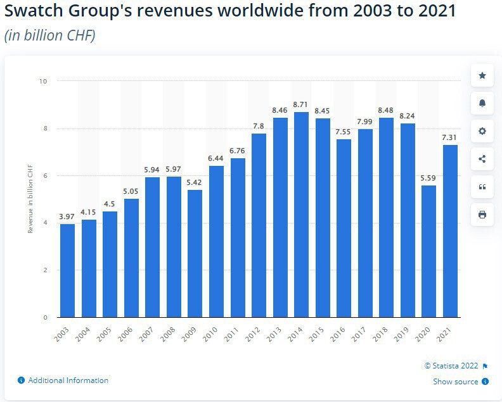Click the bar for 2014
(301, 215)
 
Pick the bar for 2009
(195, 253)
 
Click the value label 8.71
(301, 104)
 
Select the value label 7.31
(451, 137)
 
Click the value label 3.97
(67, 217)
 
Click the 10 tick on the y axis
(44, 81)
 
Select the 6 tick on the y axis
(45, 176)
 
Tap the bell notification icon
(482, 103)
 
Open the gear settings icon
(482, 131)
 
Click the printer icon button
(482, 215)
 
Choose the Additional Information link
(68, 380)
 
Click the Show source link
(456, 382)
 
